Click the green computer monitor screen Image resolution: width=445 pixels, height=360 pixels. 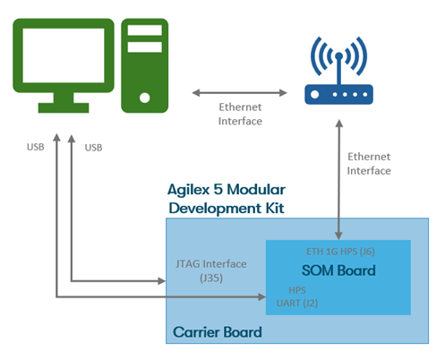click(64, 56)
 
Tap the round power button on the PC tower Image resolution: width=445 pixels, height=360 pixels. click(145, 98)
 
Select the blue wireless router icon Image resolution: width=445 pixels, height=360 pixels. click(338, 70)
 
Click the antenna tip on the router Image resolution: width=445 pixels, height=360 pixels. click(338, 56)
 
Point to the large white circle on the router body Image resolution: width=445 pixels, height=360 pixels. click(315, 94)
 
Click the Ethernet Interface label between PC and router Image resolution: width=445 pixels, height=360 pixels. click(240, 114)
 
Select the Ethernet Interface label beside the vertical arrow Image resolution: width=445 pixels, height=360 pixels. click(369, 164)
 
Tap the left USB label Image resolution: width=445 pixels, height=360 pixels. click(36, 147)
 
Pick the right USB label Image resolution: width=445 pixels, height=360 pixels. click(93, 148)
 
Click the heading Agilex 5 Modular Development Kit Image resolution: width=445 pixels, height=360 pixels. click(227, 199)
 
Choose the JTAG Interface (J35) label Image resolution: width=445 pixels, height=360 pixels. click(211, 270)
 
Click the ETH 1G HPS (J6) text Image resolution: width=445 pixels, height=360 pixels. click(340, 252)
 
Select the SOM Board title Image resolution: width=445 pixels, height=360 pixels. click(338, 270)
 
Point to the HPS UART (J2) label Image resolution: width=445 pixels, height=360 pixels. click(297, 296)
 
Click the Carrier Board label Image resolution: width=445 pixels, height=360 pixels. click(218, 332)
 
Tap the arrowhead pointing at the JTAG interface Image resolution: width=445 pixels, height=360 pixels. click(161, 281)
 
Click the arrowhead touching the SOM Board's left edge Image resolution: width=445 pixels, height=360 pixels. click(262, 296)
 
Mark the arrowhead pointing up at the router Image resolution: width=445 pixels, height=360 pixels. click(339, 123)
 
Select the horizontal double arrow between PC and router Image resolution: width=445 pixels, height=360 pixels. click(239, 93)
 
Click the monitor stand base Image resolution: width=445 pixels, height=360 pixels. click(64, 107)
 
